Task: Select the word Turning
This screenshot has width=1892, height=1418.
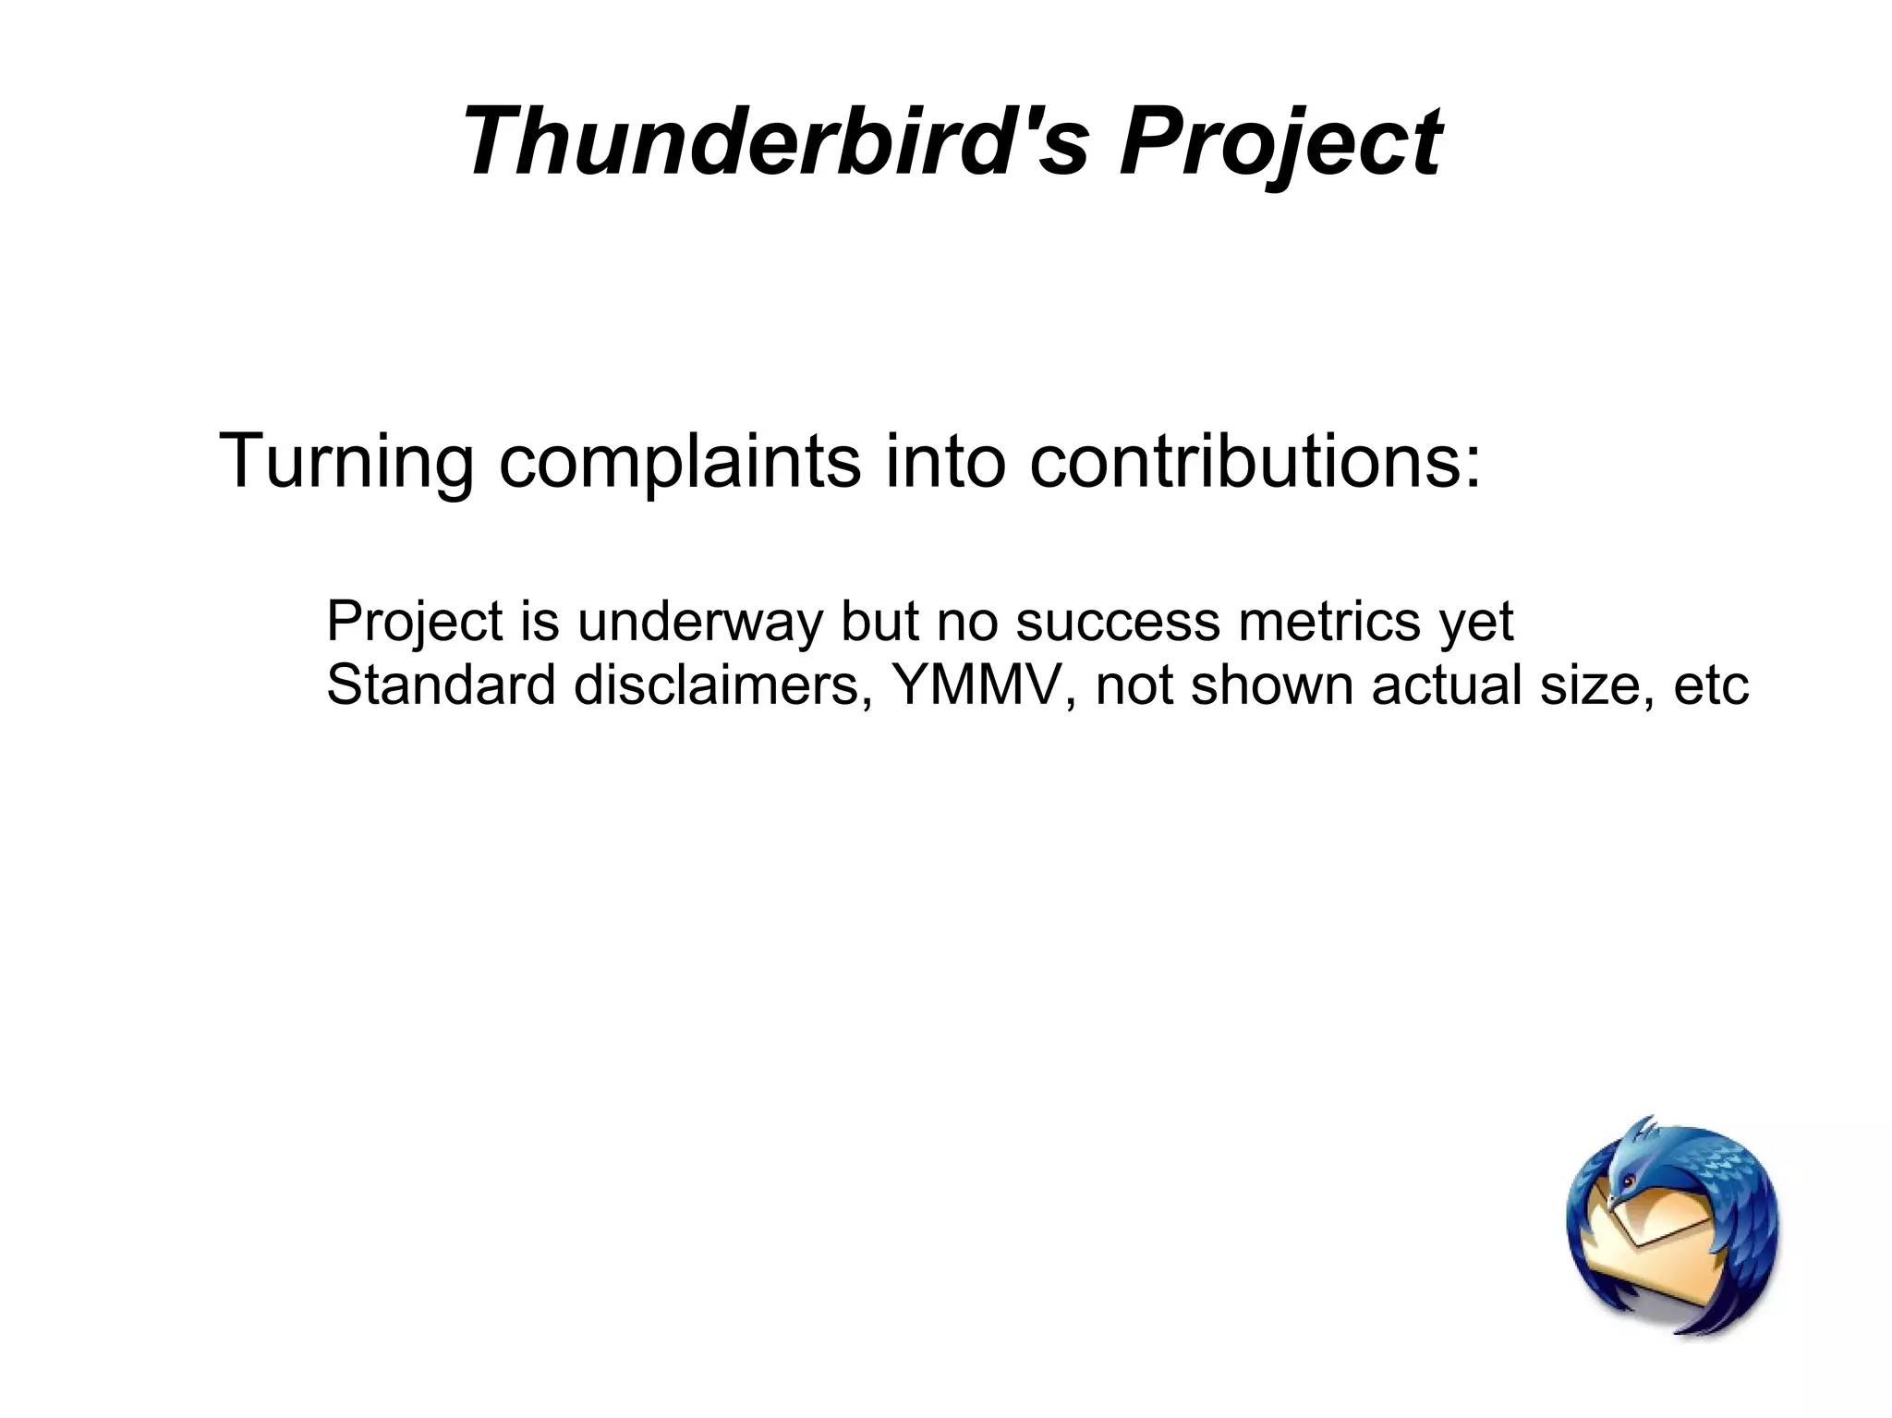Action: pos(346,461)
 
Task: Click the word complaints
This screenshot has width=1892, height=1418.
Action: pos(679,461)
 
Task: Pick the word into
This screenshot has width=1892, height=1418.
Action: pos(944,461)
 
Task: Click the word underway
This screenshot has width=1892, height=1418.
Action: pos(698,621)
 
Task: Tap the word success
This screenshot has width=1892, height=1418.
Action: pos(1118,621)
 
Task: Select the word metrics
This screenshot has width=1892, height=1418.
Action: pos(1329,621)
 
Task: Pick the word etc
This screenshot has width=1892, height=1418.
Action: pos(1711,685)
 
